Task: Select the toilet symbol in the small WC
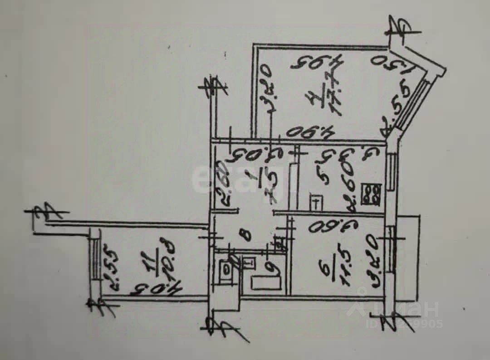225,269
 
